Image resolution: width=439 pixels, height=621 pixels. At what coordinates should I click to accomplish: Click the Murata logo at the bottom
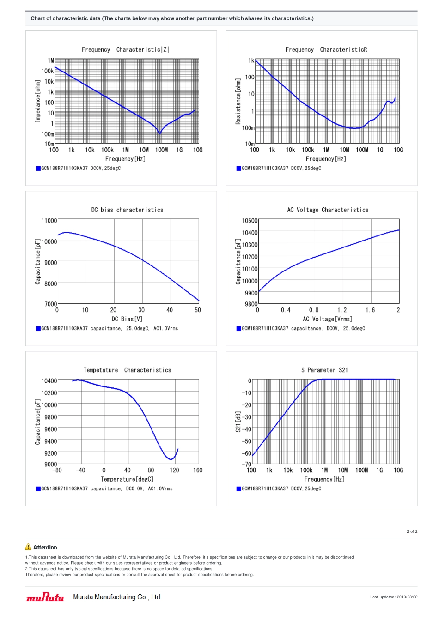45,597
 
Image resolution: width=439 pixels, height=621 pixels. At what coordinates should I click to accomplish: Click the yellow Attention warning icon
28,547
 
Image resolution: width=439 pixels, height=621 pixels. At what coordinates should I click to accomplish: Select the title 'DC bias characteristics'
127,210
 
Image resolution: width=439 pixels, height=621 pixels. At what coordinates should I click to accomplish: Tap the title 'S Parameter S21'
324,370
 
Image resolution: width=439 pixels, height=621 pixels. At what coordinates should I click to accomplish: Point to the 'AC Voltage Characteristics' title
328,210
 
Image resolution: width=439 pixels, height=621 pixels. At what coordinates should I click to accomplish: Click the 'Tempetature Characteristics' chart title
127,370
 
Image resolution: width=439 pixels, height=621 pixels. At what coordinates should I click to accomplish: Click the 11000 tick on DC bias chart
49,221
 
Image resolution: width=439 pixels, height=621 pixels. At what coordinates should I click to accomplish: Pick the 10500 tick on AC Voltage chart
250,221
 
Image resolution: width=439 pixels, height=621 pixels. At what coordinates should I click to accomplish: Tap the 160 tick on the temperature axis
198,470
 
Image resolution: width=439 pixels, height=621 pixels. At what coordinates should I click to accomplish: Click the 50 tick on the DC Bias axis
198,310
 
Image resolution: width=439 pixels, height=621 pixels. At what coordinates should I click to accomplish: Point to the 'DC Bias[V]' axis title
127,319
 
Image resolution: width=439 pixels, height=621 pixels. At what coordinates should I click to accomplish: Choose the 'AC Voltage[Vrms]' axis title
327,319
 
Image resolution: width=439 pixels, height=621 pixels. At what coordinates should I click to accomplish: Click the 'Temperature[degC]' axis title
127,479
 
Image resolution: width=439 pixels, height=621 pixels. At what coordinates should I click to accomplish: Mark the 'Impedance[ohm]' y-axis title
38,101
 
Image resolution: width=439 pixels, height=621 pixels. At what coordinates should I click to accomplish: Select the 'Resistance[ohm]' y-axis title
238,101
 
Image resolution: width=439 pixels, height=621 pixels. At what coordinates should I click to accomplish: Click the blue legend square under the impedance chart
38,169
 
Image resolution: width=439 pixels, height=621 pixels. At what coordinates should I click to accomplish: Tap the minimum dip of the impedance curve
160,133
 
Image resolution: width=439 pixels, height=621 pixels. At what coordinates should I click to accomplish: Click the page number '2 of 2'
412,531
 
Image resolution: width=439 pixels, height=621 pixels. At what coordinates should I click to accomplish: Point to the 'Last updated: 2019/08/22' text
393,597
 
